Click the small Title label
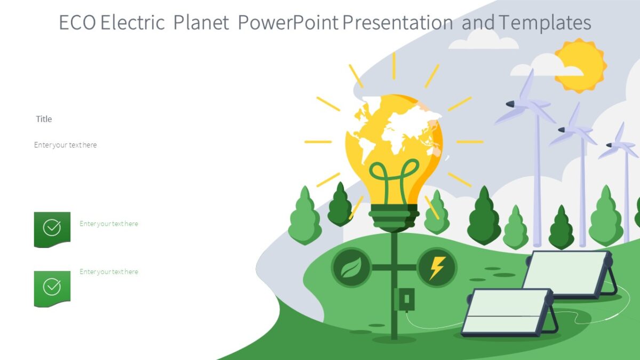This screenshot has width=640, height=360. point(44,119)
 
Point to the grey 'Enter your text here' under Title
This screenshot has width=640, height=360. point(66,145)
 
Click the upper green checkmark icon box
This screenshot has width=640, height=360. point(52,229)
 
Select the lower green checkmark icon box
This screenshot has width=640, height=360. point(52,288)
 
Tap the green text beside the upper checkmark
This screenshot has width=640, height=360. point(109,224)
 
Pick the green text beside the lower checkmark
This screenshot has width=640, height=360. point(109,272)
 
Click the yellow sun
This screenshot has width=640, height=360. point(580,65)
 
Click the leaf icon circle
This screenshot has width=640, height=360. point(351,267)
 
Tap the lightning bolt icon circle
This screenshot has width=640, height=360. point(437,267)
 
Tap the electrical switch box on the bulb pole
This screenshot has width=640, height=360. point(404,299)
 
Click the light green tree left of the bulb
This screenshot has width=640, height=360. point(305,216)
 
